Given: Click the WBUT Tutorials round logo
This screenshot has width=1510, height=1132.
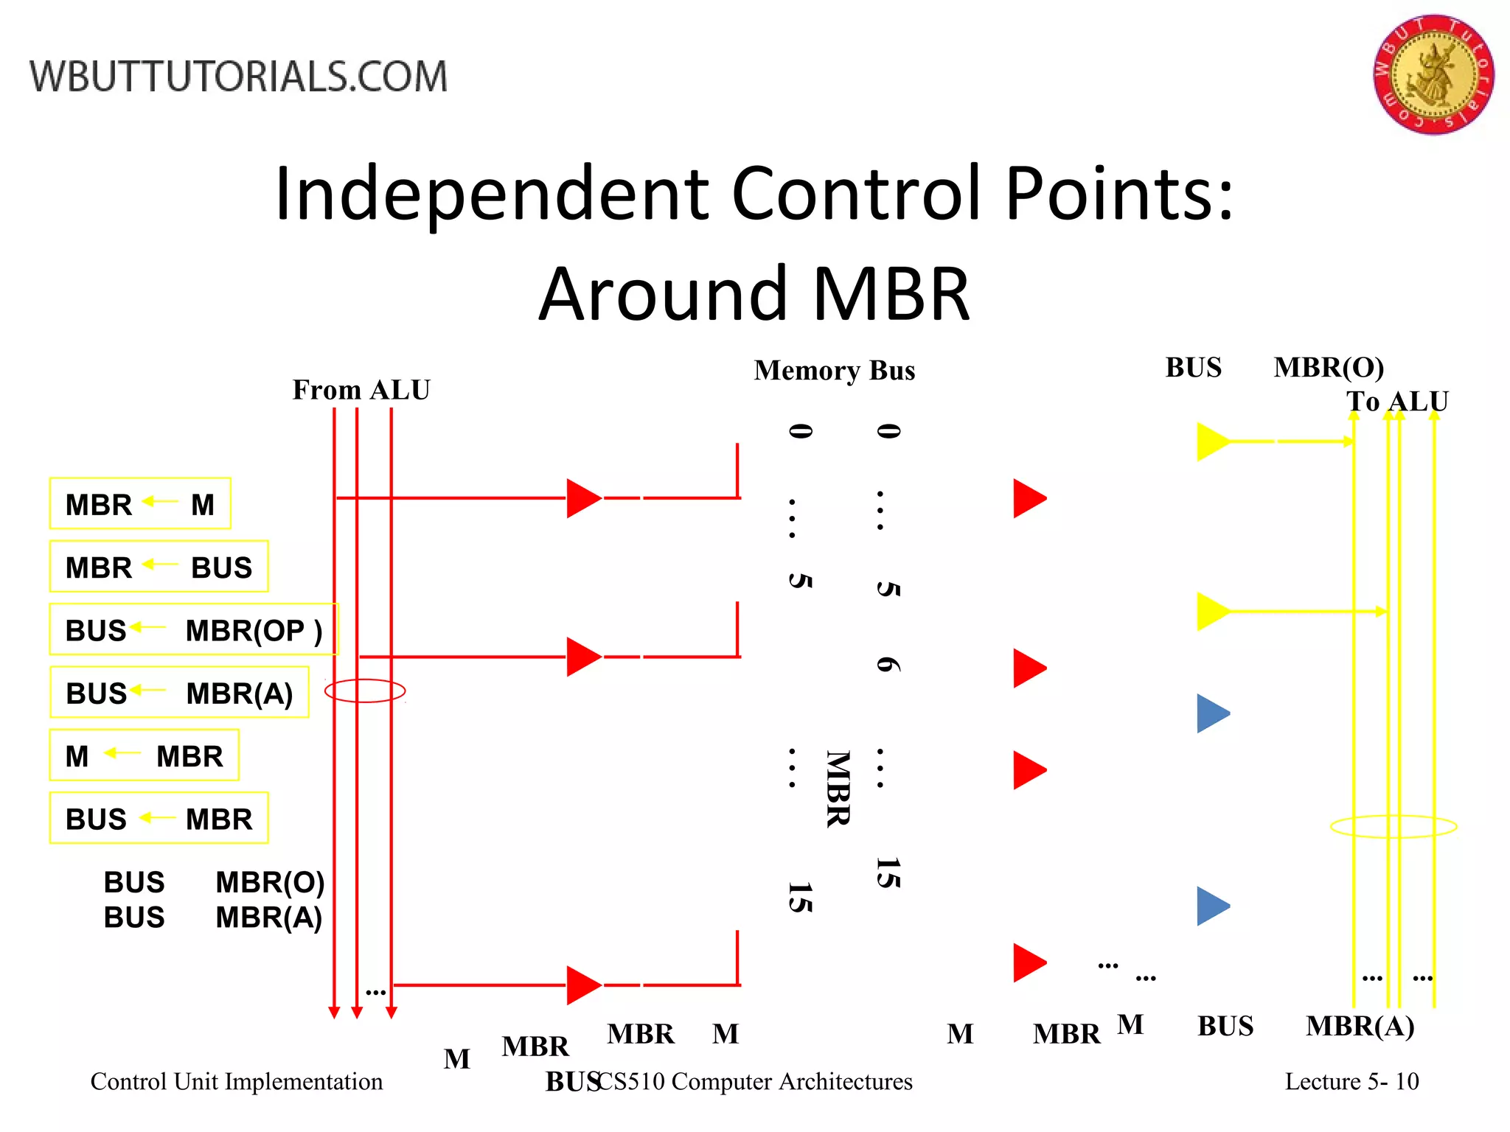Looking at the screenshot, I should click(1433, 74).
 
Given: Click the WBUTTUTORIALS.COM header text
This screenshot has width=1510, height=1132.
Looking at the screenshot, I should click(238, 77).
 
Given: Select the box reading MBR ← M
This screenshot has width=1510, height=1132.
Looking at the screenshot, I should click(140, 504).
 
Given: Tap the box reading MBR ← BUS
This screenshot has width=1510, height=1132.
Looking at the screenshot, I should click(159, 567).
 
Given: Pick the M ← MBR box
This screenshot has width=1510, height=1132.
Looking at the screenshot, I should click(145, 755).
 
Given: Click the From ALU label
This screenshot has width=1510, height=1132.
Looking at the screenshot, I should click(361, 390).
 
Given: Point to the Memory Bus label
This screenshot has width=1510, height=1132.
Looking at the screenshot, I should click(834, 370).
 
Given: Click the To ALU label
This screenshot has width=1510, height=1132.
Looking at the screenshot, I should click(1396, 402).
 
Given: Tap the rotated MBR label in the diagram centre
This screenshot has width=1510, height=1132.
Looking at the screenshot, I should click(838, 789).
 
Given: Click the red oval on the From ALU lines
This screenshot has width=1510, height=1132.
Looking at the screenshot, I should click(365, 691).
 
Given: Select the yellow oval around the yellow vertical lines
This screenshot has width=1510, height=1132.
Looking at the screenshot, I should click(1394, 826).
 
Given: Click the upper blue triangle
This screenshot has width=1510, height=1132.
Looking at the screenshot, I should click(1211, 713).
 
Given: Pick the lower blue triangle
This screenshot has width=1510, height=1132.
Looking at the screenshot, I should click(1211, 906).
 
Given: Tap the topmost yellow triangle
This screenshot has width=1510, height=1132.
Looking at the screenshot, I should click(1211, 441).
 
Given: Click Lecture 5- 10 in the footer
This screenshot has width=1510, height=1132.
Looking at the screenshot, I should click(1351, 1081).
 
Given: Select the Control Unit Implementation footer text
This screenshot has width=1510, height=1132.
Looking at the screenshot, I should click(237, 1081).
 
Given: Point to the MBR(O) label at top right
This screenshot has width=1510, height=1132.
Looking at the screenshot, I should click(1329, 367).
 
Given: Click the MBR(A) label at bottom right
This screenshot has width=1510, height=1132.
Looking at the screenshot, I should click(1360, 1026).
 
